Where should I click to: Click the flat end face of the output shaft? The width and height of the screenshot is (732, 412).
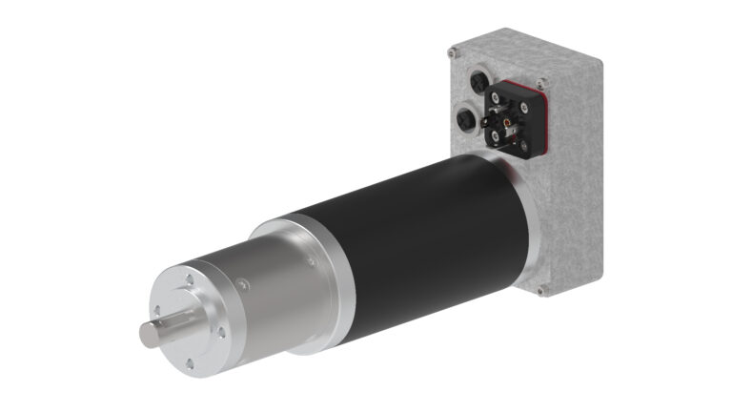point(151,337)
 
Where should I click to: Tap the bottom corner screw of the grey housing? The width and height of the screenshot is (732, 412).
point(540,289)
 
